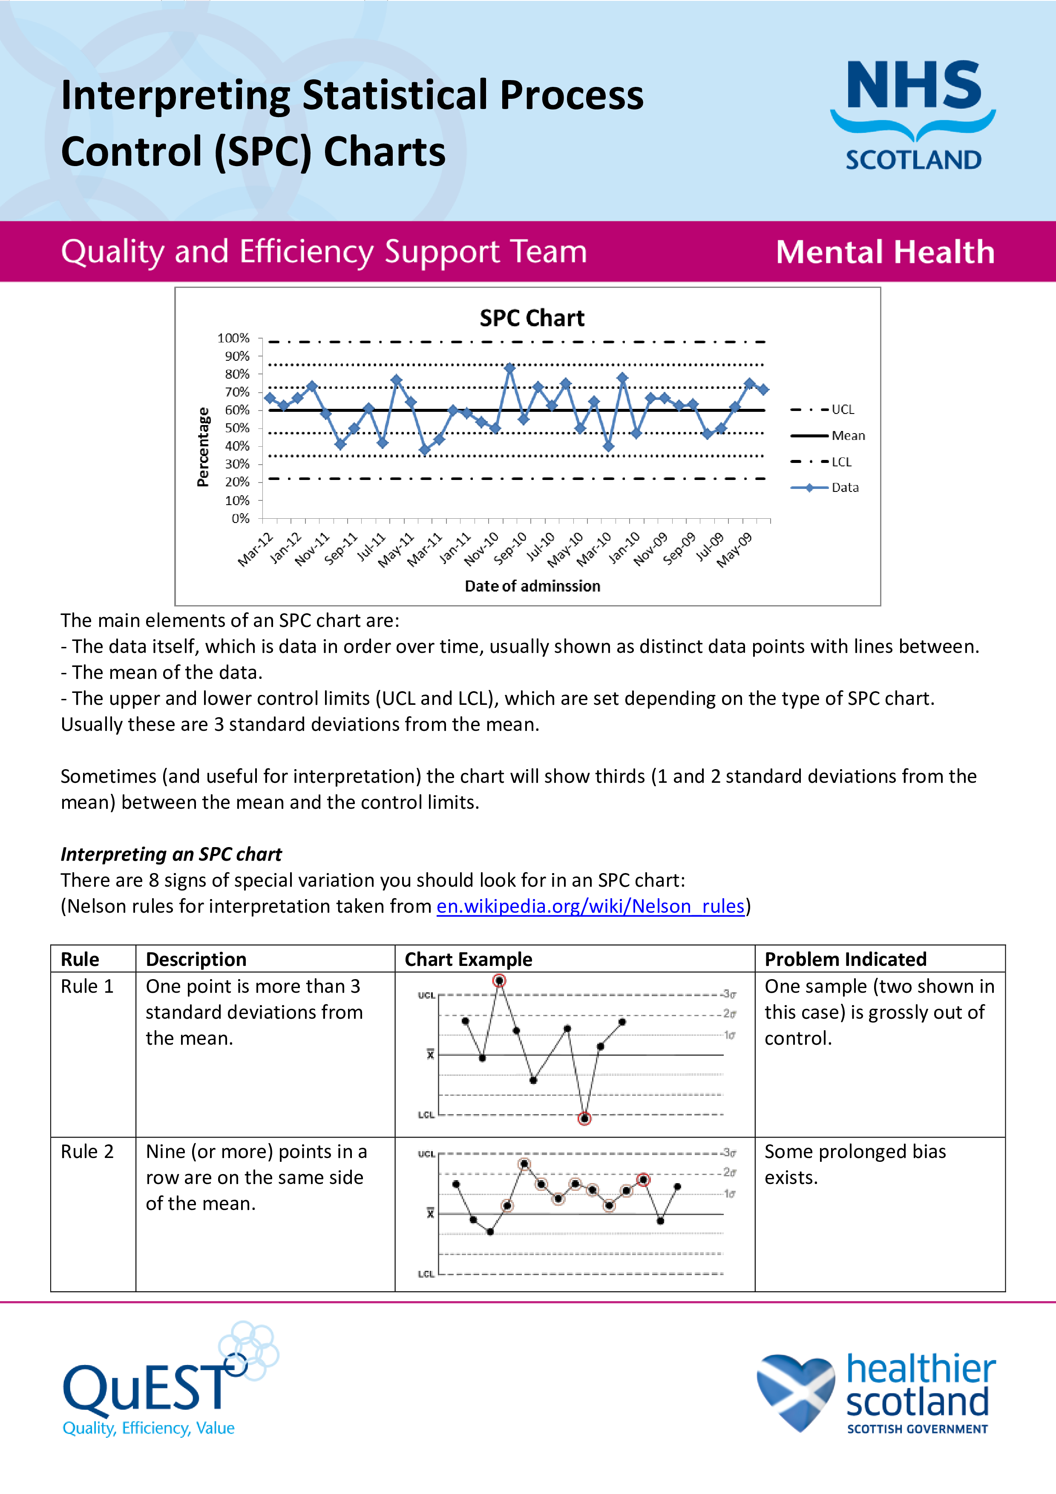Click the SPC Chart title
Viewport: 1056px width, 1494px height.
(532, 318)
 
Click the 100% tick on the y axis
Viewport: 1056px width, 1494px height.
(233, 338)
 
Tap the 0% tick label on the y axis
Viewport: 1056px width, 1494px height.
(240, 519)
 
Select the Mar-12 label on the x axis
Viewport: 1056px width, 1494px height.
(255, 549)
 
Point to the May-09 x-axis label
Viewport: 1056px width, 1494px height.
(734, 550)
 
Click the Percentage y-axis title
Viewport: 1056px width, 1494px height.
(203, 447)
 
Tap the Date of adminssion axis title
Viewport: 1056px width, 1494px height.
(532, 586)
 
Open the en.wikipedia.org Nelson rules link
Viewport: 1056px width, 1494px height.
(590, 906)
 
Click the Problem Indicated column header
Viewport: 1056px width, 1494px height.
(845, 959)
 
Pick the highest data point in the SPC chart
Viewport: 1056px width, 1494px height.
(509, 368)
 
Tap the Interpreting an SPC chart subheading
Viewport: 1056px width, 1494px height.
(171, 854)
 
